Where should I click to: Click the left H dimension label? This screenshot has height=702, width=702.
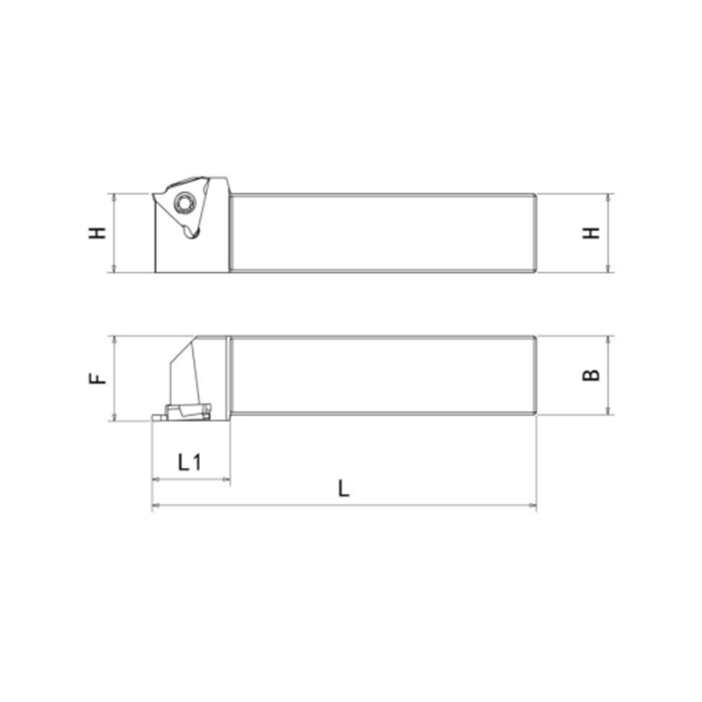click(x=97, y=233)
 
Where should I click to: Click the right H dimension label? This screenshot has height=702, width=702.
click(x=591, y=233)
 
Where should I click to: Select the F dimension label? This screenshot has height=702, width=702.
click(x=97, y=378)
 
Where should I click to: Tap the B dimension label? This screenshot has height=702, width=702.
click(x=591, y=375)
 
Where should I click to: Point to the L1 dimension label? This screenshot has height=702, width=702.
click(x=190, y=462)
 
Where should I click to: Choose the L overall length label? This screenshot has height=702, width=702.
click(x=343, y=489)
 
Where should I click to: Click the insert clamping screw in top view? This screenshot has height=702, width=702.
click(x=183, y=203)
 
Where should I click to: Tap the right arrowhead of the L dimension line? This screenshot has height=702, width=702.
click(x=533, y=505)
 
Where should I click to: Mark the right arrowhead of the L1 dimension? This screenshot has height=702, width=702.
click(x=226, y=479)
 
